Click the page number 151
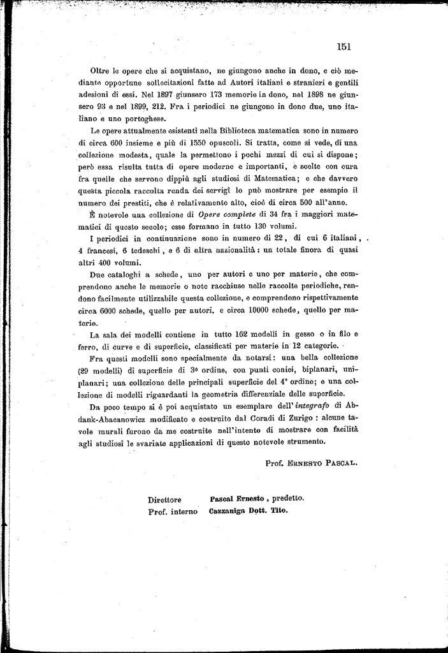point(345,46)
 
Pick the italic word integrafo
point(311,406)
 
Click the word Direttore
point(164,500)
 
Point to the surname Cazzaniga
point(232,511)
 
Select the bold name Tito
point(279,511)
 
